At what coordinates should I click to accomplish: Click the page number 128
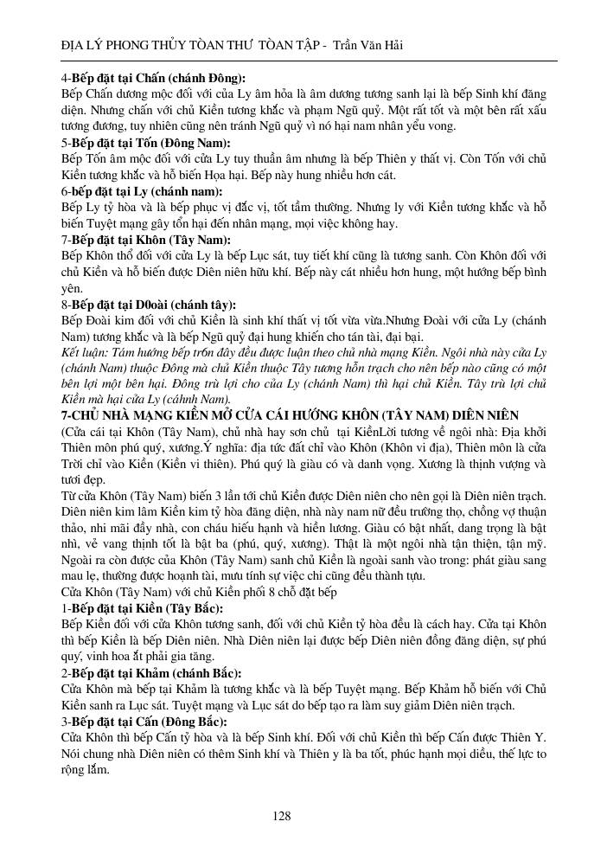coord(281,816)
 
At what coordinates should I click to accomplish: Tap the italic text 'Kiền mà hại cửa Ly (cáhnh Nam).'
coord(145,400)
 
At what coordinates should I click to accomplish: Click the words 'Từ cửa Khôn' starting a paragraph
coord(97,496)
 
